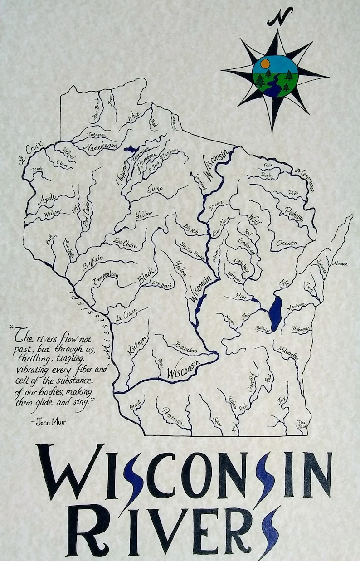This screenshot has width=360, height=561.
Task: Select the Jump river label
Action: (155, 190)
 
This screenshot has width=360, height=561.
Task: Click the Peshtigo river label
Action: (294, 215)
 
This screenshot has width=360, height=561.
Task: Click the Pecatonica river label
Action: (173, 417)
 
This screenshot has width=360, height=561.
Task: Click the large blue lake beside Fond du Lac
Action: (275, 308)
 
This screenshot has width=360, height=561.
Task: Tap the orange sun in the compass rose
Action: (265, 63)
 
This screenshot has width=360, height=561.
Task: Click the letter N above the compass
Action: (280, 17)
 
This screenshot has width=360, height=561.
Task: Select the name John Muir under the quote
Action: (49, 422)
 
